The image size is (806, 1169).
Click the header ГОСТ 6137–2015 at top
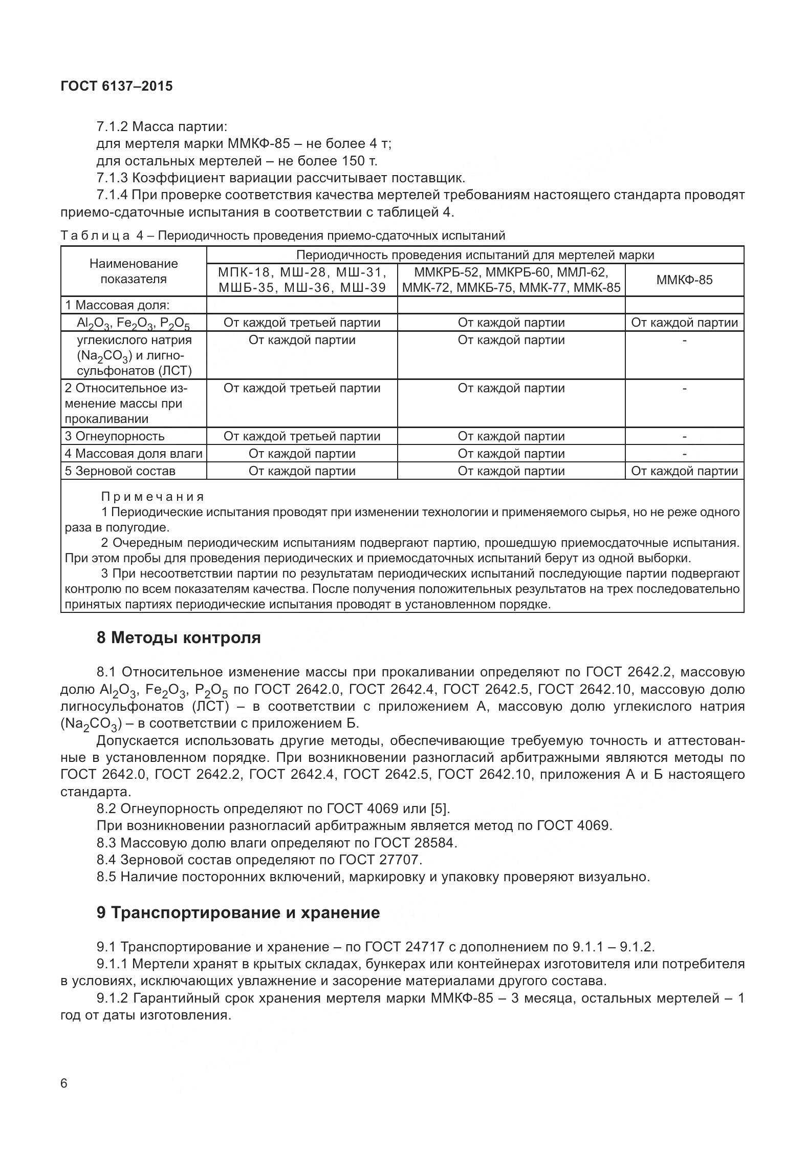(x=117, y=86)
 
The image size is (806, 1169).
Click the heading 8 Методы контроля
(x=179, y=637)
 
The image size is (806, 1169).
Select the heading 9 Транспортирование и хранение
(x=238, y=912)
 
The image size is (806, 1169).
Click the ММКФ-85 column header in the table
(x=684, y=280)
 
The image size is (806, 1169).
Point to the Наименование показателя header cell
(x=134, y=271)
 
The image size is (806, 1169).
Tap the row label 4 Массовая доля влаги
(x=134, y=454)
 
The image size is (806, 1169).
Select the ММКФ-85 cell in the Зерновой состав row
(x=684, y=471)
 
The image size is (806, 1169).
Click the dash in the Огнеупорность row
(x=684, y=436)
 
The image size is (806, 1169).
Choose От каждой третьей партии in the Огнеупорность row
(x=302, y=436)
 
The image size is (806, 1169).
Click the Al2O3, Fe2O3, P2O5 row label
(x=133, y=323)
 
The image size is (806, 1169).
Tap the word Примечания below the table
(x=153, y=497)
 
